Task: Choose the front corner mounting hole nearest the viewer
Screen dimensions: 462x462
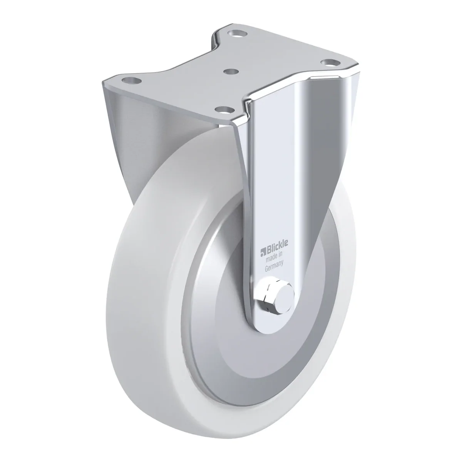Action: tap(224, 110)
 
